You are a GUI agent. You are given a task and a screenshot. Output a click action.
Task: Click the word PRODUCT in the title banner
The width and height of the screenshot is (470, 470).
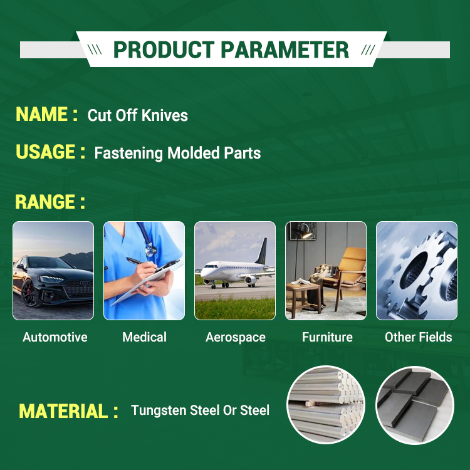pos(164,50)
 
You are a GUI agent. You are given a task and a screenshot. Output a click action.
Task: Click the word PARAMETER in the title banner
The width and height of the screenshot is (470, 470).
pos(285,50)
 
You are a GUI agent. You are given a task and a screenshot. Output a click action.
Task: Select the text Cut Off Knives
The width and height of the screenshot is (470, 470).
pos(138,115)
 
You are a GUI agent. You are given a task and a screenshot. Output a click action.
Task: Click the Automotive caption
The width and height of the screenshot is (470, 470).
pos(55,337)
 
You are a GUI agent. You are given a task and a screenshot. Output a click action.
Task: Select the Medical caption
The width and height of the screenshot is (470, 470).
pos(144,337)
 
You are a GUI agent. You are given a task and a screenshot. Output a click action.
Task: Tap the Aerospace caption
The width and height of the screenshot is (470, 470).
pos(235,338)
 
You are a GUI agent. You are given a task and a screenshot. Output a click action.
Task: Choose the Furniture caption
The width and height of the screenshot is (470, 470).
pos(327,337)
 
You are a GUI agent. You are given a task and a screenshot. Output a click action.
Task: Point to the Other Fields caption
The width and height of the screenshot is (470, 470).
pos(419,337)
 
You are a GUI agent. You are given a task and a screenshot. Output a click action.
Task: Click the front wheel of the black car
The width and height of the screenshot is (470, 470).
pos(29,293)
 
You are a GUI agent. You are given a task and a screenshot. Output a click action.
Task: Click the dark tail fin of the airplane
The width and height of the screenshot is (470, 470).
pos(262,251)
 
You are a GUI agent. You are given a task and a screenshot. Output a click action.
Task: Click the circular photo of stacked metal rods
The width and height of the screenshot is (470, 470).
pos(326,405)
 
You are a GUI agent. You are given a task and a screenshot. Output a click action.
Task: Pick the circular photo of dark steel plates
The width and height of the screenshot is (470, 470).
pos(415,405)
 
